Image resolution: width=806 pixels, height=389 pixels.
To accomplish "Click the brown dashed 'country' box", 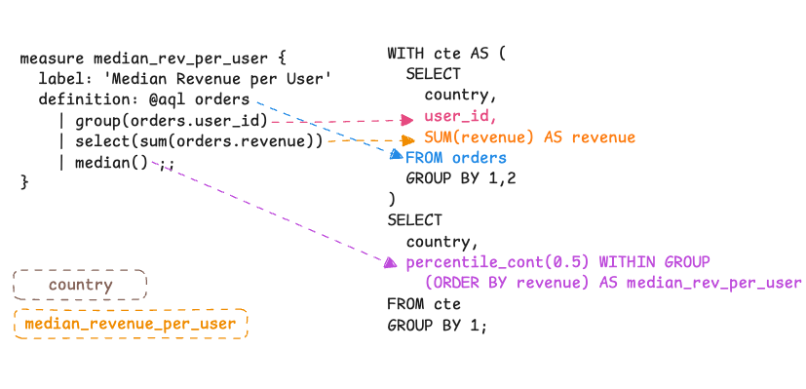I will click(x=80, y=286).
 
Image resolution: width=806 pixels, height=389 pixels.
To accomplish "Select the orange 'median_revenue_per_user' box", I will click(x=131, y=324).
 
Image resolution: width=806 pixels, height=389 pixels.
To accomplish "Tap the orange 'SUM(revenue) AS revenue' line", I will click(x=529, y=137).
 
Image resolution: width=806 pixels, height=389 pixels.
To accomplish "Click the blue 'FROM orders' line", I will click(x=456, y=158).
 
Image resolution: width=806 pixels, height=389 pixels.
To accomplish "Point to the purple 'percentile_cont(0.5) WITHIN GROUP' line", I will click(x=558, y=262).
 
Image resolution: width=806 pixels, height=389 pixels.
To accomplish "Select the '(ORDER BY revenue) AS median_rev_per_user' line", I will click(x=612, y=284).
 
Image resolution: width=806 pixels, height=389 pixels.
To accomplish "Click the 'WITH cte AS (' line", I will click(x=446, y=53).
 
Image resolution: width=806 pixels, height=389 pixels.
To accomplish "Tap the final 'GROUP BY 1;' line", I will click(x=436, y=326).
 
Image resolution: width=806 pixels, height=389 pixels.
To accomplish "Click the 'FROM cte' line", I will click(x=421, y=304).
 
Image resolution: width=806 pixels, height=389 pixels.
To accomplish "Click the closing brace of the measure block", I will click(x=24, y=183).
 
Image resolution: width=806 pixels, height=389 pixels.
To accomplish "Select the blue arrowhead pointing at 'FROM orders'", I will click(x=396, y=155).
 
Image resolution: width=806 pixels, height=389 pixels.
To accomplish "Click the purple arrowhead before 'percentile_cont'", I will click(x=390, y=262).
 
